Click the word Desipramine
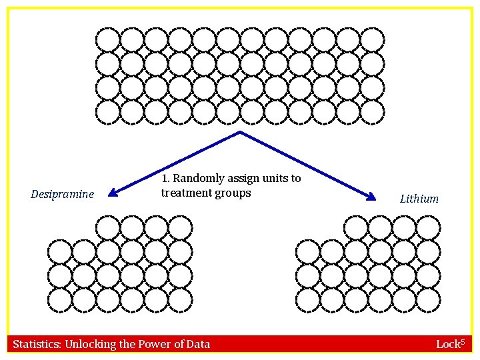click(62, 195)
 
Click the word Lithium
click(419, 199)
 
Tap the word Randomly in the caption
click(199, 179)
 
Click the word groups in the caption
click(233, 193)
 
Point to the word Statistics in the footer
click(37, 344)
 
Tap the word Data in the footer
click(198, 344)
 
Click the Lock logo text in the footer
click(448, 345)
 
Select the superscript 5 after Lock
click(463, 341)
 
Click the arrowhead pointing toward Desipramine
click(113, 192)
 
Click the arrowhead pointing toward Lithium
click(371, 197)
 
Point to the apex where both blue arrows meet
click(240, 131)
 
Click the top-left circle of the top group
click(108, 40)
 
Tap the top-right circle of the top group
click(373, 40)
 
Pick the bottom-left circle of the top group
click(108, 113)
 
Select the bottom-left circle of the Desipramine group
click(60, 300)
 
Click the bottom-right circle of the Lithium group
click(429, 300)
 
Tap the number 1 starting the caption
click(165, 179)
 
